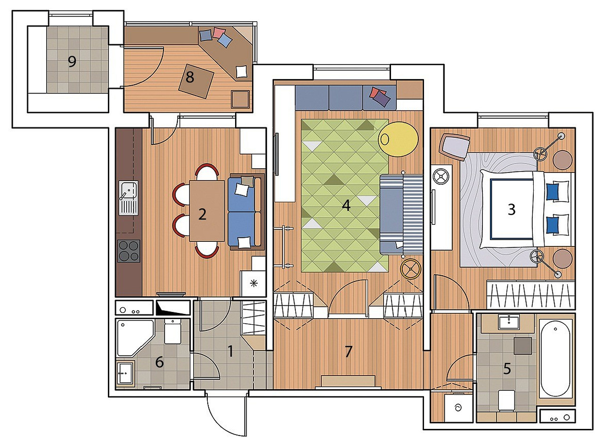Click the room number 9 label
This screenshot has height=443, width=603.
(x=72, y=62)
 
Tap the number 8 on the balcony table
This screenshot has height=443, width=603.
(x=190, y=77)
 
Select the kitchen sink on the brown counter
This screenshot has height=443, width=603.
(x=129, y=198)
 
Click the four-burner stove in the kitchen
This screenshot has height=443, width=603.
(x=129, y=251)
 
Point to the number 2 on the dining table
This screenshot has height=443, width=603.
(x=202, y=214)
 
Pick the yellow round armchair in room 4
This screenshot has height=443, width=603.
(x=398, y=139)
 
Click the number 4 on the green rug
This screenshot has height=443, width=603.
(x=346, y=206)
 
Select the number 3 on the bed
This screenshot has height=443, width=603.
(x=512, y=210)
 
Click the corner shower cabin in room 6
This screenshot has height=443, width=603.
(x=135, y=338)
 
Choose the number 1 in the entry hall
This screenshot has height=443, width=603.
(x=230, y=352)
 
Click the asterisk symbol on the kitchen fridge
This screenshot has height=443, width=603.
(x=253, y=283)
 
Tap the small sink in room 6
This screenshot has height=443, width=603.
(x=125, y=373)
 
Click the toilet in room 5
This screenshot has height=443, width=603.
(x=506, y=401)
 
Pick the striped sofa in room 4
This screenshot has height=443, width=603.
(x=401, y=214)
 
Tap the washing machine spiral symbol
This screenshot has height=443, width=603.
(x=458, y=408)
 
